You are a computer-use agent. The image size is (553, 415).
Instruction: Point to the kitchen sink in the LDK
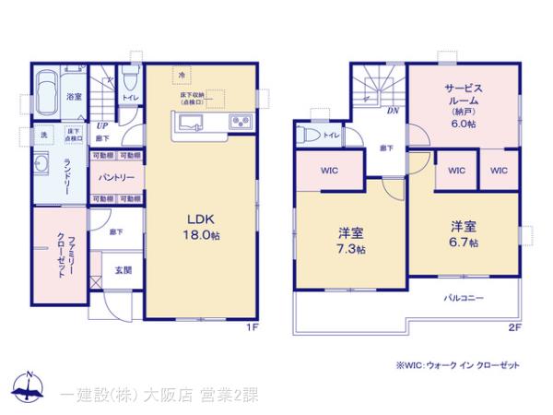coord(191,124)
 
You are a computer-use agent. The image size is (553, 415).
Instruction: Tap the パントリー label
coord(116,177)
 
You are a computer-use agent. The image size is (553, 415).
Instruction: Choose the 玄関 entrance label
coord(122,270)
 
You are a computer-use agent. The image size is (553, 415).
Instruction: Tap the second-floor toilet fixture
coord(309,136)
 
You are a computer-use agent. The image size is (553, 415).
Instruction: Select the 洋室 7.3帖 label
coord(349,240)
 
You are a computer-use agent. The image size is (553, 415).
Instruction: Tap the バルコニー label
coord(464,298)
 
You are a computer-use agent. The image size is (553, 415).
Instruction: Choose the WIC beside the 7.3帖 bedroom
coord(329,171)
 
